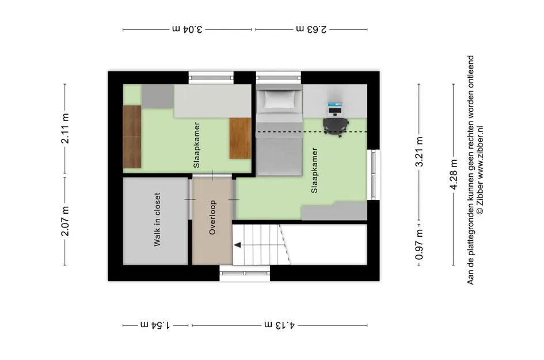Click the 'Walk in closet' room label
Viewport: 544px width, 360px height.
pyautogui.click(x=157, y=220)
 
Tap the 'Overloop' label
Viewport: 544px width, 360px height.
pyautogui.click(x=212, y=218)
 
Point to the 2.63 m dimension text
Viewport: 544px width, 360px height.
pyautogui.click(x=311, y=28)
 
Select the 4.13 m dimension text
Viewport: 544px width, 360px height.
pyautogui.click(x=280, y=325)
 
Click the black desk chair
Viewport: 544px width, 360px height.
pyautogui.click(x=335, y=124)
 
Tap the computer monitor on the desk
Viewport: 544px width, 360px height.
pyautogui.click(x=335, y=108)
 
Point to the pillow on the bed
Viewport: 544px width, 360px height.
pyautogui.click(x=279, y=101)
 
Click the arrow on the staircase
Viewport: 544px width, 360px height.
pyautogui.click(x=237, y=245)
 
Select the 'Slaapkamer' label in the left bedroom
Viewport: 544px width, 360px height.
pyautogui.click(x=197, y=145)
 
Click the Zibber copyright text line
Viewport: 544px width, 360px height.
pyautogui.click(x=480, y=170)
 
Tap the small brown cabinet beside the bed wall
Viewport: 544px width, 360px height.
pyautogui.click(x=240, y=138)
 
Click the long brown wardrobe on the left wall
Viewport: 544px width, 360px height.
pyautogui.click(x=132, y=137)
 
